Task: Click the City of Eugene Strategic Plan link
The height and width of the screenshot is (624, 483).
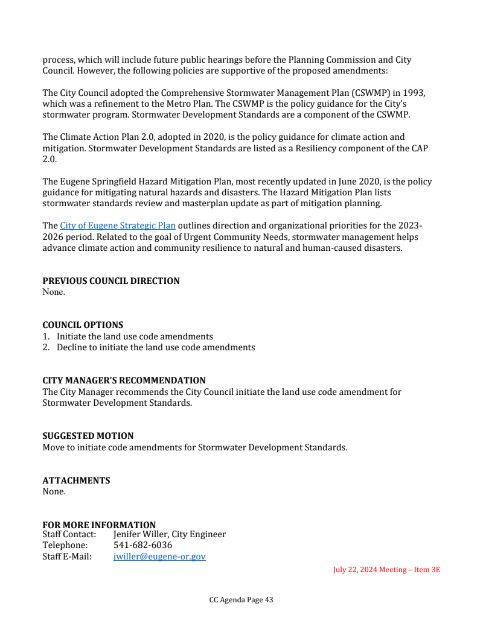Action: [117, 226]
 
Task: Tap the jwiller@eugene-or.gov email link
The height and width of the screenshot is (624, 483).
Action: [159, 556]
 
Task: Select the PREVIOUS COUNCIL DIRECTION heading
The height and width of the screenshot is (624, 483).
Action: [110, 281]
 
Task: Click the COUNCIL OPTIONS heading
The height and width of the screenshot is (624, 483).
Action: [83, 325]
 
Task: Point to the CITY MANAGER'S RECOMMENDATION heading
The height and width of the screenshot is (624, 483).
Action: [124, 380]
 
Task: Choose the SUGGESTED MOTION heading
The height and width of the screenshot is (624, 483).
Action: [88, 436]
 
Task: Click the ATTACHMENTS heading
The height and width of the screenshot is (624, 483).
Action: [76, 481]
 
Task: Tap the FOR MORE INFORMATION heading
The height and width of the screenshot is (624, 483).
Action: [99, 525]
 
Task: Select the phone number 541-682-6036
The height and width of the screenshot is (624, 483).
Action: [142, 545]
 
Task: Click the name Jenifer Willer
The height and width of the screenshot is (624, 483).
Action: [138, 534]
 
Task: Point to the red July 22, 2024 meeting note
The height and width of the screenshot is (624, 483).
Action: [386, 570]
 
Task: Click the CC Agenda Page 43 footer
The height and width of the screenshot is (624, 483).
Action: [241, 600]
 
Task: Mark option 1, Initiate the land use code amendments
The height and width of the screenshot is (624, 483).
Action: [135, 336]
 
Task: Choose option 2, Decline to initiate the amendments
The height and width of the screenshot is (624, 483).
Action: [156, 347]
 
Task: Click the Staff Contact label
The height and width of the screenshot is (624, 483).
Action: [69, 534]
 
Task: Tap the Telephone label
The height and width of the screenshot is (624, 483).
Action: [65, 545]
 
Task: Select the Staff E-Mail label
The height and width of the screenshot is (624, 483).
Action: [66, 556]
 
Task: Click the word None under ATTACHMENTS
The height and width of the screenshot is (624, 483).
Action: [54, 491]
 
